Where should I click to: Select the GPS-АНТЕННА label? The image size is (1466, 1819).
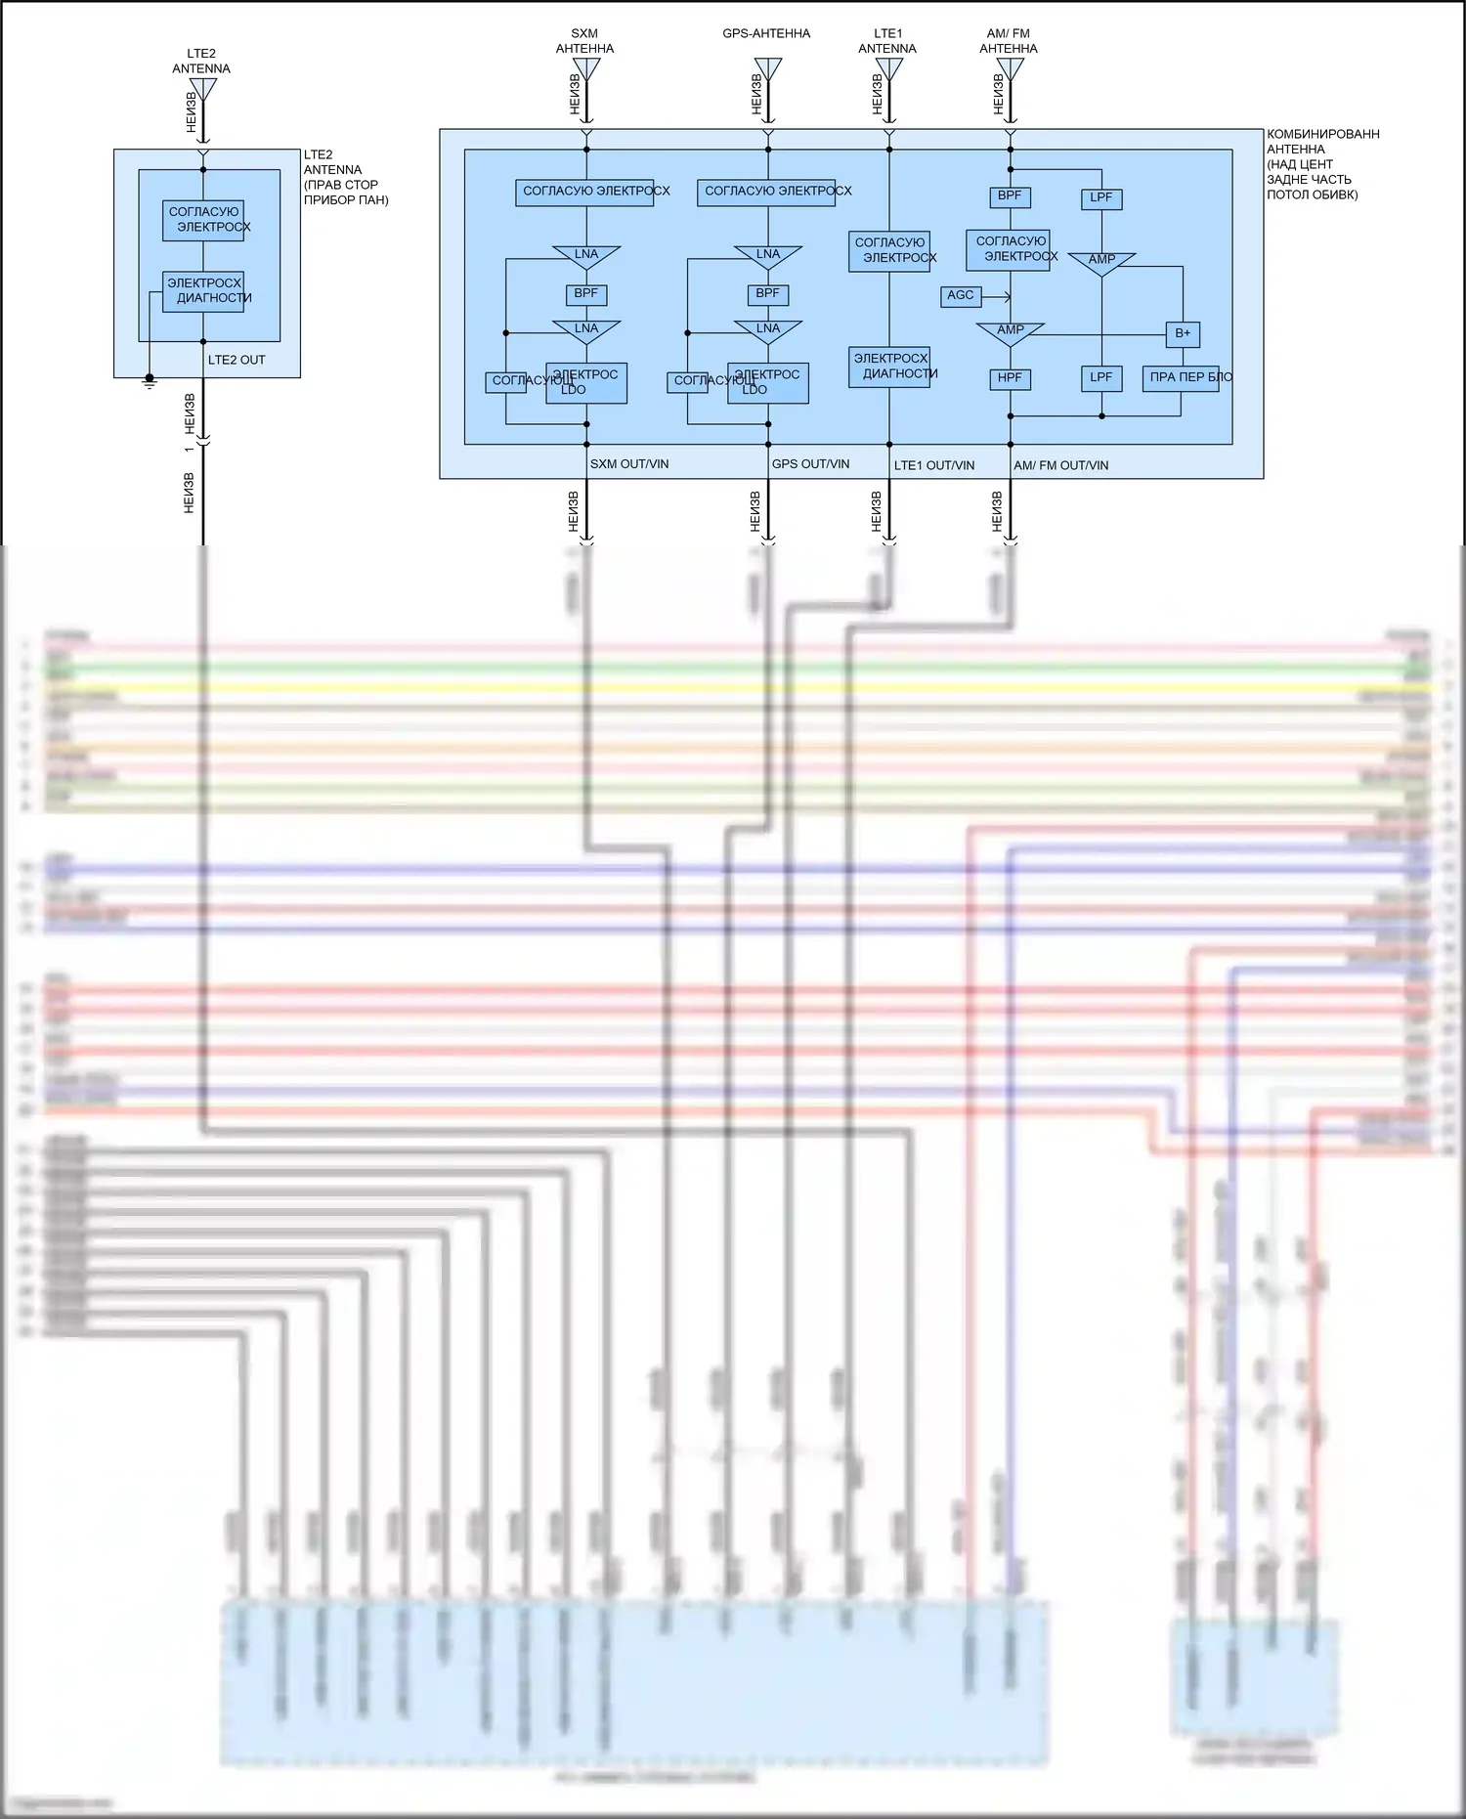click(x=766, y=33)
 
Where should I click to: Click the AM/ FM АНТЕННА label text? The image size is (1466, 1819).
click(x=1009, y=41)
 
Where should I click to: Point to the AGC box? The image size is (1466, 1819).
click(x=961, y=295)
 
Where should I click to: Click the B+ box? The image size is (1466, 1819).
click(x=1183, y=333)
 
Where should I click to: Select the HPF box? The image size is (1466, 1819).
click(x=1010, y=378)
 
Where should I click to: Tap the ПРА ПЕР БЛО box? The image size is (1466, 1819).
click(x=1181, y=378)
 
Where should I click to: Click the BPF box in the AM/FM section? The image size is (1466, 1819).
click(x=1010, y=196)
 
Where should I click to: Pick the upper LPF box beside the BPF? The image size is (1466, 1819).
click(x=1101, y=197)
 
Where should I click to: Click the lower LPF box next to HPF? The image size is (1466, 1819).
click(x=1101, y=378)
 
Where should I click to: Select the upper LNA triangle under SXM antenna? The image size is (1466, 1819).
click(x=586, y=256)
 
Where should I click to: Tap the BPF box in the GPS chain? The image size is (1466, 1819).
click(x=768, y=293)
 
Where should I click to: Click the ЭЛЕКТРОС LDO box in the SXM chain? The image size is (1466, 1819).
click(x=586, y=382)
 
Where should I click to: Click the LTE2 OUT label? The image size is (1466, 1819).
click(x=237, y=360)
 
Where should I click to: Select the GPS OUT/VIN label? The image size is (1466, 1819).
click(x=810, y=464)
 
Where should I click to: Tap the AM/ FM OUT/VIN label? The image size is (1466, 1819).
click(x=1060, y=465)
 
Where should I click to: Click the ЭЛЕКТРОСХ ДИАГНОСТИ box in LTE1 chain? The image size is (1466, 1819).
click(x=889, y=367)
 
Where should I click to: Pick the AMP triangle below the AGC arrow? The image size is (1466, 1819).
click(x=1010, y=332)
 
